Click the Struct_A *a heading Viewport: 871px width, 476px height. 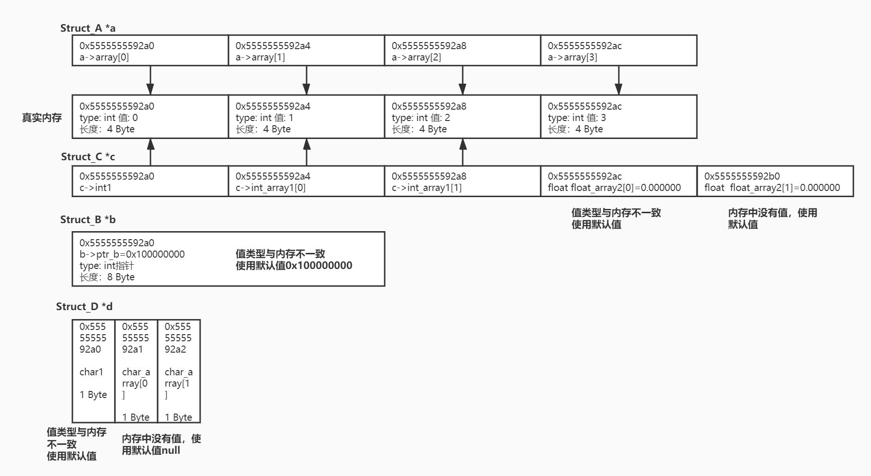coord(88,28)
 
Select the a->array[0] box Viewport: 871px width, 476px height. coord(150,51)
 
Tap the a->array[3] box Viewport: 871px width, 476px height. coord(618,51)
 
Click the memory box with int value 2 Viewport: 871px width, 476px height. coord(462,117)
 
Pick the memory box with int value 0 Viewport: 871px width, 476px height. coord(150,117)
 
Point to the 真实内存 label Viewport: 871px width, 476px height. coord(42,118)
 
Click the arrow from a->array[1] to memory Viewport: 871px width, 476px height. coord(307,80)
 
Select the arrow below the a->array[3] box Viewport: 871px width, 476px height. coord(618,80)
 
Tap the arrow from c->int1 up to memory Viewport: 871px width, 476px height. coord(150,152)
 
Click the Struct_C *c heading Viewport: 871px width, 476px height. coord(88,157)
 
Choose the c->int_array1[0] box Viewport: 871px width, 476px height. coord(306,181)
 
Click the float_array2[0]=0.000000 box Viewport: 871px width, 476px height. coord(618,181)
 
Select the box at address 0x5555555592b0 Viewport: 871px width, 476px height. coord(775,181)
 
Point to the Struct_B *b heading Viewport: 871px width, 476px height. coord(88,220)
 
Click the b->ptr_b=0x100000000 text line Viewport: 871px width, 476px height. coord(132,254)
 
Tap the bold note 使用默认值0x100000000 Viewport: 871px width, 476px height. coord(294,266)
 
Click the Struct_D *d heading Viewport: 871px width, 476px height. coord(84,307)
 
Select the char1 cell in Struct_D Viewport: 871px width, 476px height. coord(93,371)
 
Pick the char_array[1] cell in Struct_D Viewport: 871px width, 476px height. coord(179,371)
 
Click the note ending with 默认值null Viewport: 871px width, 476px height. coord(161,444)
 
